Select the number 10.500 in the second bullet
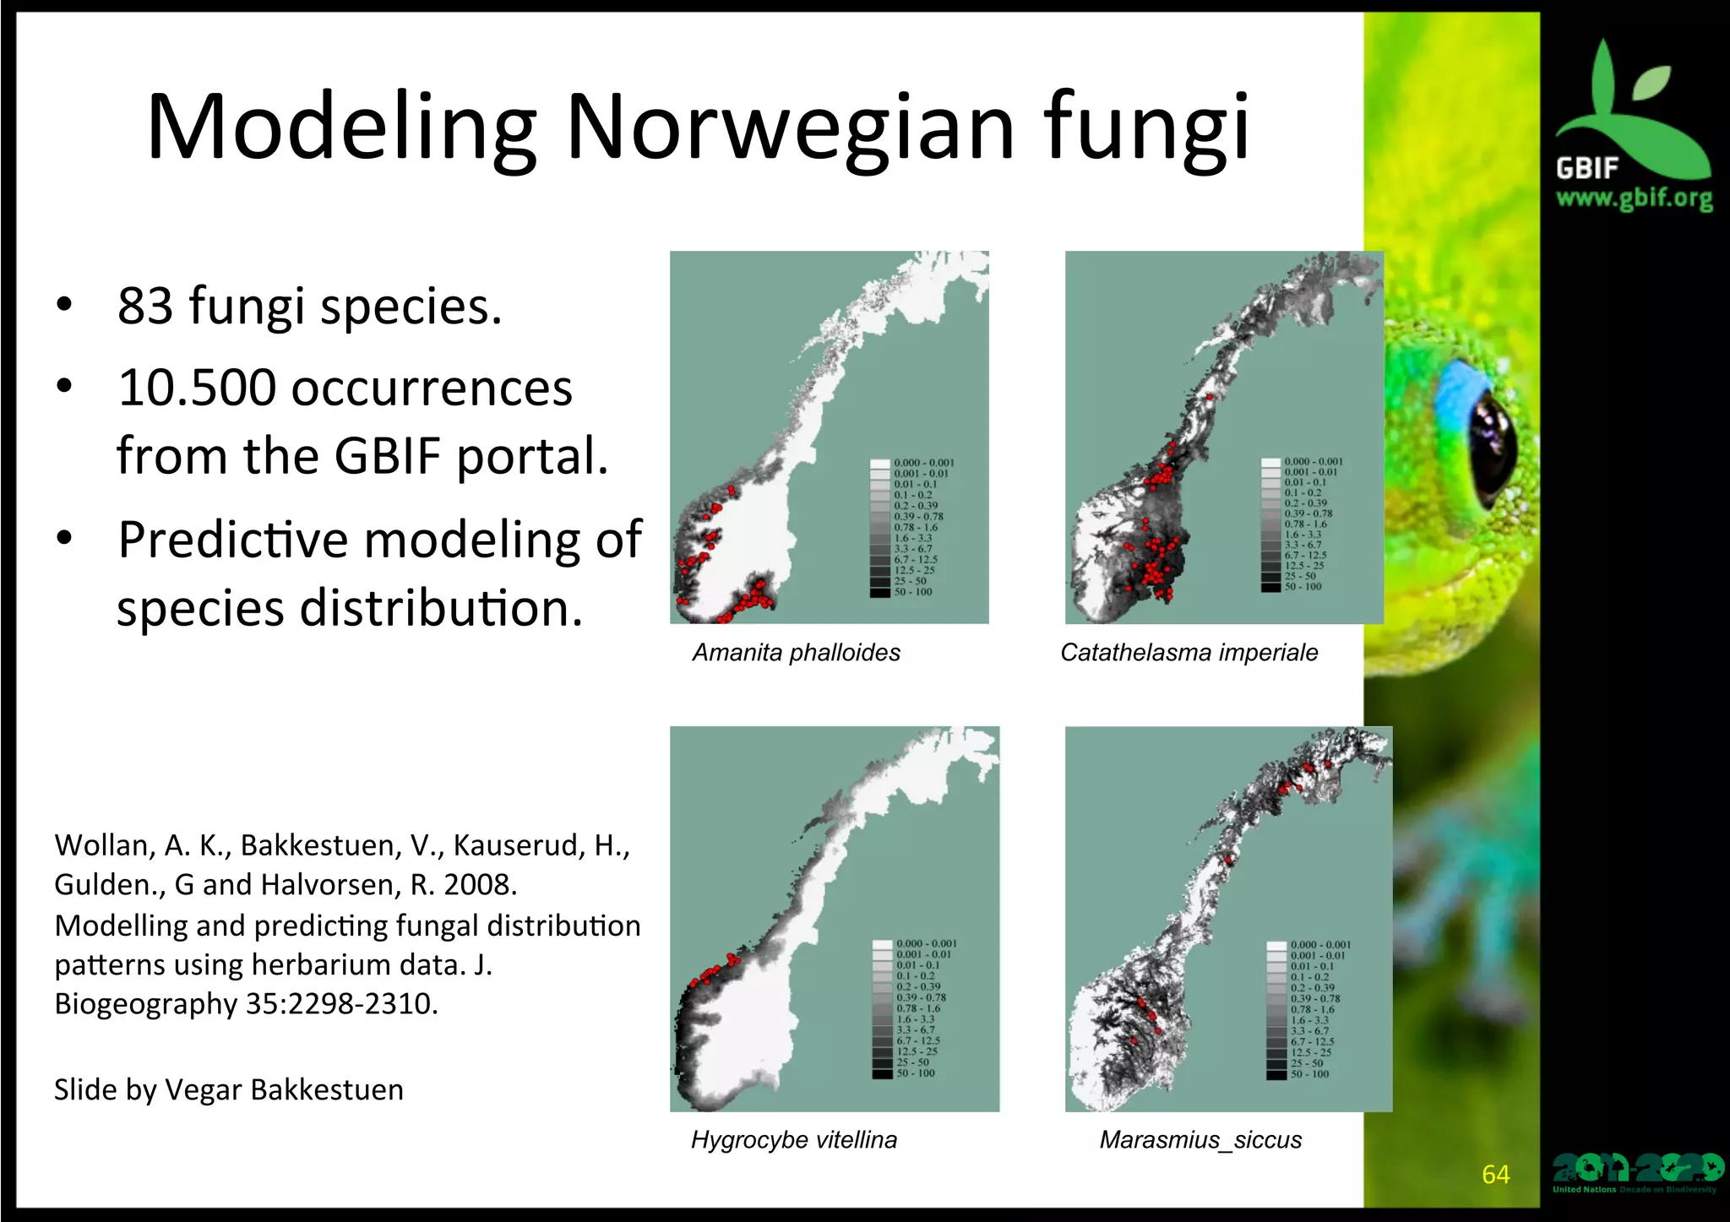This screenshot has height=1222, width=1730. pos(197,388)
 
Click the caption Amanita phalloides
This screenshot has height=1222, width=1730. pos(796,652)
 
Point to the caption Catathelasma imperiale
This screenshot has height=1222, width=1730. pos(1189,652)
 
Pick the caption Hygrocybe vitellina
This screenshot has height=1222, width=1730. pos(793,1139)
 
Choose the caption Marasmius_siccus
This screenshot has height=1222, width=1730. pos(1200,1139)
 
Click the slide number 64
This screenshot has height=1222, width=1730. pos(1495,1174)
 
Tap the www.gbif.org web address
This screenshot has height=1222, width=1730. pos(1634,198)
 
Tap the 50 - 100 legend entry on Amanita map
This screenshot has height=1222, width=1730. pos(912,592)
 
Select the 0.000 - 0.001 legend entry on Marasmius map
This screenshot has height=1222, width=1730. pos(1319,945)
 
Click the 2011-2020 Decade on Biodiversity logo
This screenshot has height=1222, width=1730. pos(1636,1172)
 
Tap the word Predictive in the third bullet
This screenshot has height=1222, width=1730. pos(232,539)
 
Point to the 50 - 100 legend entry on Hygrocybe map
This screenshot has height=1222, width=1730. pos(915,1073)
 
